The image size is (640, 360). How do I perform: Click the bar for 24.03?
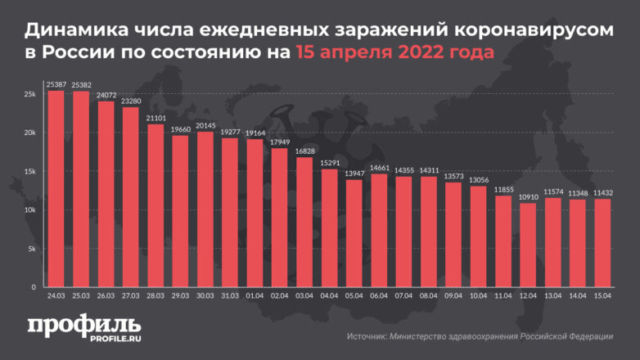[56, 189]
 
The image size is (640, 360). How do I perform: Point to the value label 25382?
[81, 85]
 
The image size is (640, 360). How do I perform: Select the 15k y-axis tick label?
[30, 172]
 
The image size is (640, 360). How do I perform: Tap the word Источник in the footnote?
[368, 336]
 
